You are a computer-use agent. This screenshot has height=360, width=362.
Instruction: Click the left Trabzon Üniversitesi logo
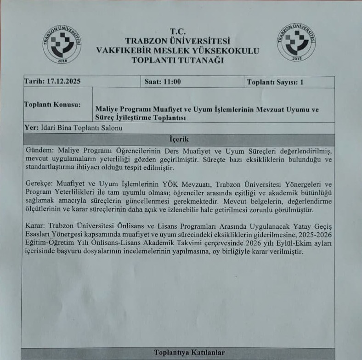[62, 44]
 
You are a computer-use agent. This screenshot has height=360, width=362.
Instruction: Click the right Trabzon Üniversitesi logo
[296, 42]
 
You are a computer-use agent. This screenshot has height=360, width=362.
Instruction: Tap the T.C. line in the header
[177, 31]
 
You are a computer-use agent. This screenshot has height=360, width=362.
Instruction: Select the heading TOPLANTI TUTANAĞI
[178, 60]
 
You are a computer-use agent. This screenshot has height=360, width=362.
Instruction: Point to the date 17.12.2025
[64, 82]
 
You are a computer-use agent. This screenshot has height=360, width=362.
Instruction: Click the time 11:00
[171, 82]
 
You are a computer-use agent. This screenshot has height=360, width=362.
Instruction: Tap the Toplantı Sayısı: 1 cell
[275, 82]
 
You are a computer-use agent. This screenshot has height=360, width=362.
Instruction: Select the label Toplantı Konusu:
[52, 104]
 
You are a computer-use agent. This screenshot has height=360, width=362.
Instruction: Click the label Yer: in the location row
[31, 128]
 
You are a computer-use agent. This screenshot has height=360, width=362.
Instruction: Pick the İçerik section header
[178, 139]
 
